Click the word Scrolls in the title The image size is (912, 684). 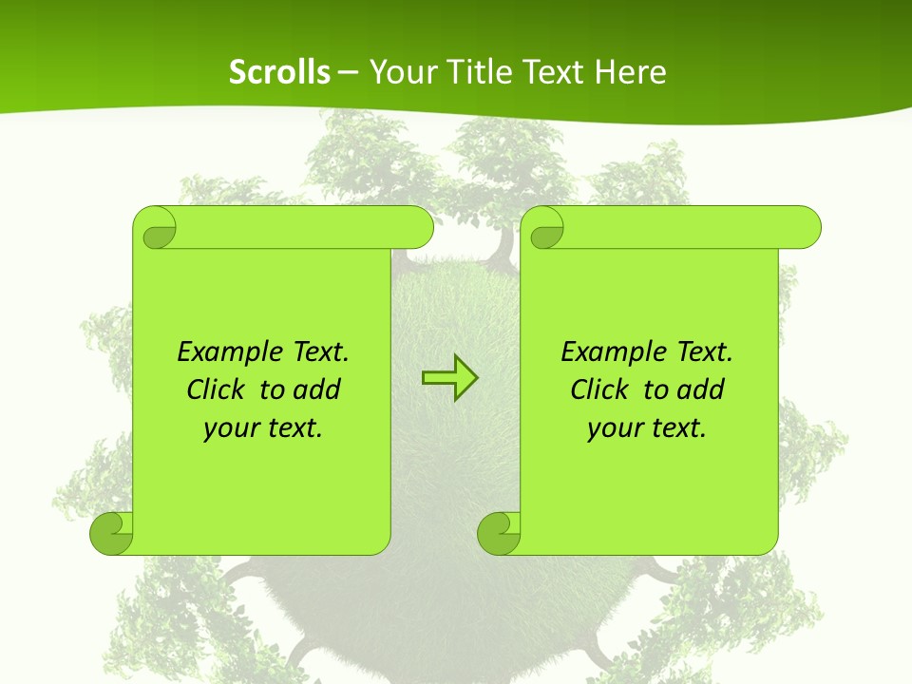click(x=279, y=72)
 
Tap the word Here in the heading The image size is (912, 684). click(x=630, y=72)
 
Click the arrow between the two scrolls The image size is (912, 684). click(x=449, y=377)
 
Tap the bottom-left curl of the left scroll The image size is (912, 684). click(x=112, y=532)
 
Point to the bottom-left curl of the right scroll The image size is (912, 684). click(x=500, y=532)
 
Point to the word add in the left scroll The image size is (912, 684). click(x=317, y=390)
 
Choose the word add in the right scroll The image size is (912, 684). click(x=701, y=390)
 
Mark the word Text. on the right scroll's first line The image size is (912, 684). click(x=704, y=352)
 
